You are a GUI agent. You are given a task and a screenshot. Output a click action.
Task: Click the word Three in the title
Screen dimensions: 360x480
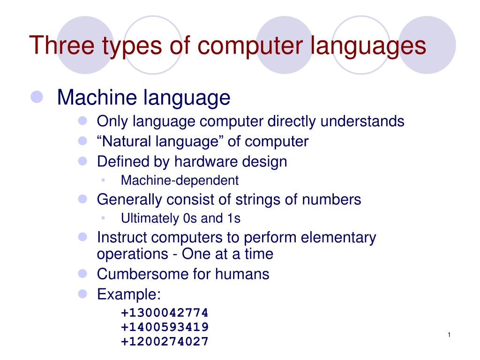click(60, 45)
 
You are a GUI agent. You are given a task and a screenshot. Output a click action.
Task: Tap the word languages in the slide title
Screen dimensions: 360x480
click(368, 45)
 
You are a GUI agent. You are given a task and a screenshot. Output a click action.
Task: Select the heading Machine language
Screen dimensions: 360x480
click(143, 97)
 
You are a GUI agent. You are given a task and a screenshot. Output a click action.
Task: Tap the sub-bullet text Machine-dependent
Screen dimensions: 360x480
click(180, 180)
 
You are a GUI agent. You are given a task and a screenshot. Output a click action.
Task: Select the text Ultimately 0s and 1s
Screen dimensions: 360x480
click(180, 218)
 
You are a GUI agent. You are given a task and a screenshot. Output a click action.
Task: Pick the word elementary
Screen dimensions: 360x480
click(338, 238)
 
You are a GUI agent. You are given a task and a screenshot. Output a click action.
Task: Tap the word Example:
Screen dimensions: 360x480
click(128, 294)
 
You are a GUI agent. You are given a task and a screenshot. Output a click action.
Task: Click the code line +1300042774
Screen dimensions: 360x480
click(165, 313)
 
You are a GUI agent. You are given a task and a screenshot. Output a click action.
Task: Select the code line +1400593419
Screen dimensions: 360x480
click(165, 327)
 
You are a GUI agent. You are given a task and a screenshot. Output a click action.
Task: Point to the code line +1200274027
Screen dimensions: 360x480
click(165, 342)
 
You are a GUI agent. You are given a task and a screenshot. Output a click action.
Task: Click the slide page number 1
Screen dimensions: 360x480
click(449, 334)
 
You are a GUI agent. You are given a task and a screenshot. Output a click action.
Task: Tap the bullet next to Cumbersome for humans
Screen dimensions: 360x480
click(83, 273)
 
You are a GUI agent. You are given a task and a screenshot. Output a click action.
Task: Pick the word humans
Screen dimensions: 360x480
click(242, 274)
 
